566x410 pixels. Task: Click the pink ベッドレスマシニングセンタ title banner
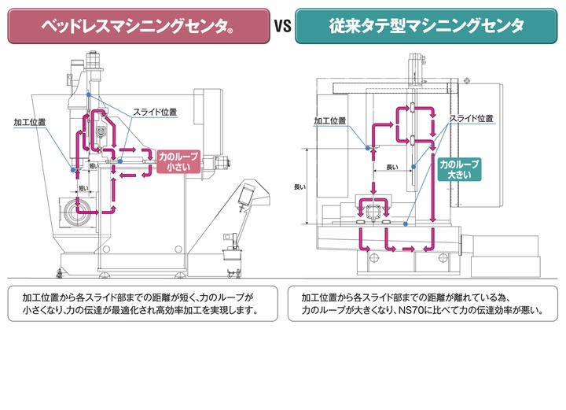click(138, 27)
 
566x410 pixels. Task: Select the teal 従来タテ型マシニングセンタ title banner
click(428, 27)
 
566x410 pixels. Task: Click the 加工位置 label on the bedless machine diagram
click(30, 123)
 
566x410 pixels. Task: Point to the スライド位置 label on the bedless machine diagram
click(155, 112)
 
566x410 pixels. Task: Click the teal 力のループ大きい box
click(459, 168)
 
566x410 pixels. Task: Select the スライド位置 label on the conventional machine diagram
click(471, 119)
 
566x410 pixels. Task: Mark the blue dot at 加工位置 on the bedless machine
click(72, 169)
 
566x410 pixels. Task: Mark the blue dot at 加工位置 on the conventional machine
click(366, 146)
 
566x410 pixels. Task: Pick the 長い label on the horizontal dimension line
click(392, 167)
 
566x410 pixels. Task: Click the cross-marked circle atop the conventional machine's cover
click(468, 79)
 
